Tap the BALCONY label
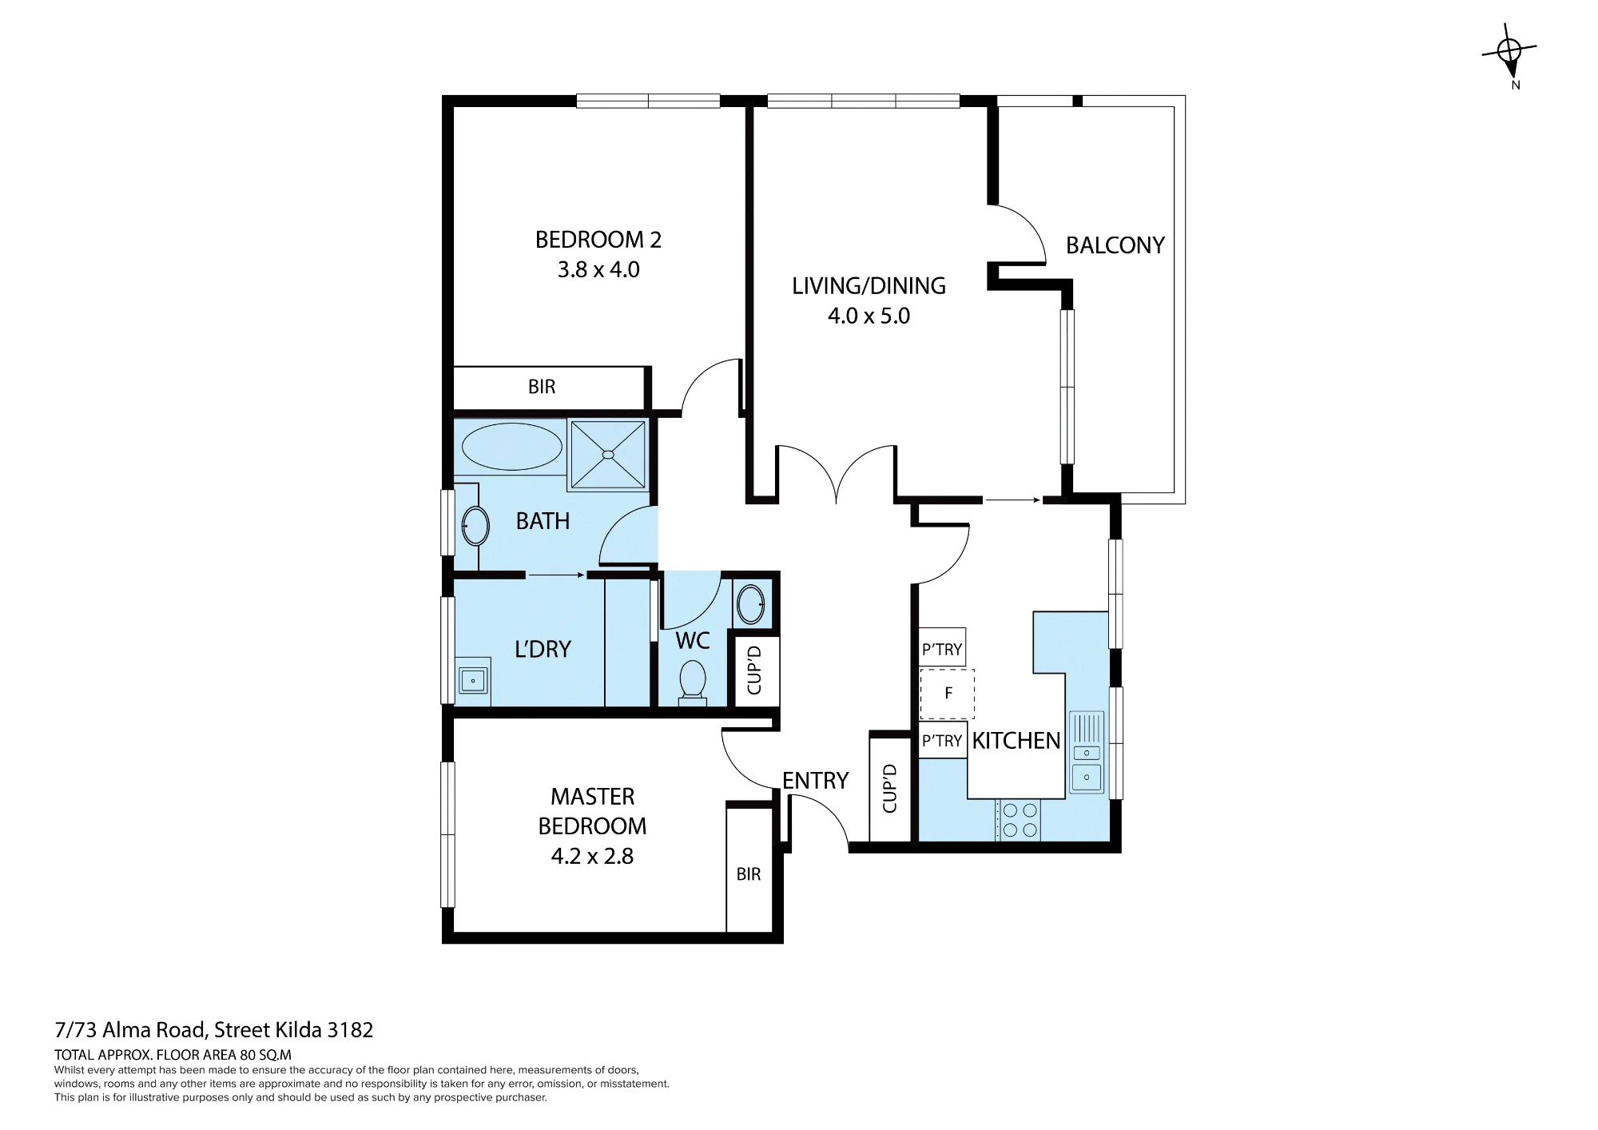(1115, 245)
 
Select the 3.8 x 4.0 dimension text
(598, 270)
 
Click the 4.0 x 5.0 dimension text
(869, 316)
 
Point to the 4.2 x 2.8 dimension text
(592, 856)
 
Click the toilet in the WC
(692, 682)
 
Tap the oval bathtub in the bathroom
(512, 447)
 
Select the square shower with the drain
(608, 455)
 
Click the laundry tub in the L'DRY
(473, 681)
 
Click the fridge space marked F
(948, 694)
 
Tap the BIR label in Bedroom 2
(542, 388)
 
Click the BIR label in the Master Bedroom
(749, 874)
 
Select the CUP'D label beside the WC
(754, 671)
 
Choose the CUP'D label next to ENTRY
(890, 789)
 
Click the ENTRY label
(815, 781)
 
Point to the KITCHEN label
(1016, 741)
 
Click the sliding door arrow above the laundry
(557, 575)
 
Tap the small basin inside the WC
(751, 605)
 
